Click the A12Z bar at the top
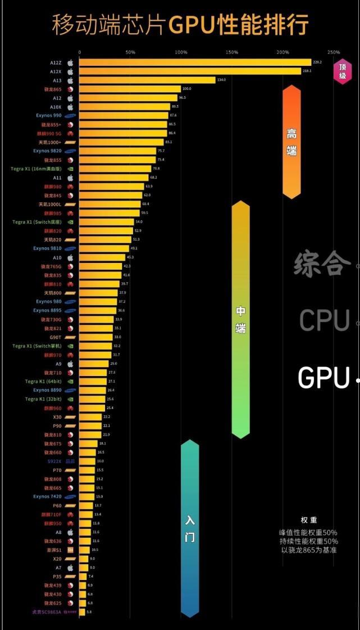point(194,62)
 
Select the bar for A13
point(147,80)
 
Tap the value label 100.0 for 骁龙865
point(187,89)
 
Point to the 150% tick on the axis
point(232,52)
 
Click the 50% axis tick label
point(130,52)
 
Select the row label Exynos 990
point(48,115)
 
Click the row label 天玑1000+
point(50,142)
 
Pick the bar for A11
point(113,178)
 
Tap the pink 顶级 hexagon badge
point(343,71)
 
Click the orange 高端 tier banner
point(291,142)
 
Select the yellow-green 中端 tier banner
point(240,319)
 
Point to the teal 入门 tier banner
point(190,528)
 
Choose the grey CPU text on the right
point(325,320)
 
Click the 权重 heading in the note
point(309,520)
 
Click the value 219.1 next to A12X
point(307,71)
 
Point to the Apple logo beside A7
point(71,568)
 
